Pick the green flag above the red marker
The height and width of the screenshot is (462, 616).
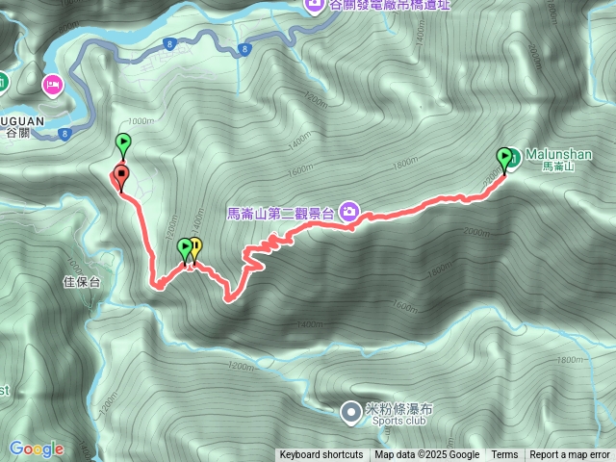(x=123, y=144)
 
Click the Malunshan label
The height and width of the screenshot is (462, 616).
(x=558, y=154)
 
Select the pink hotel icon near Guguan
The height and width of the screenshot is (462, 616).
(x=52, y=86)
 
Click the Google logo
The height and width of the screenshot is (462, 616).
(x=37, y=449)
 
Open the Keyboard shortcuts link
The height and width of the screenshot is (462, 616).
(x=321, y=455)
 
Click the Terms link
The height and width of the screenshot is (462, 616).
(x=504, y=455)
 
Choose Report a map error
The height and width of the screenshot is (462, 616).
(x=570, y=455)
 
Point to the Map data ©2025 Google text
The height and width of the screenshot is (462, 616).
(x=427, y=455)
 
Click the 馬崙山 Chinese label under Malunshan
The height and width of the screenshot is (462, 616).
(x=557, y=167)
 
